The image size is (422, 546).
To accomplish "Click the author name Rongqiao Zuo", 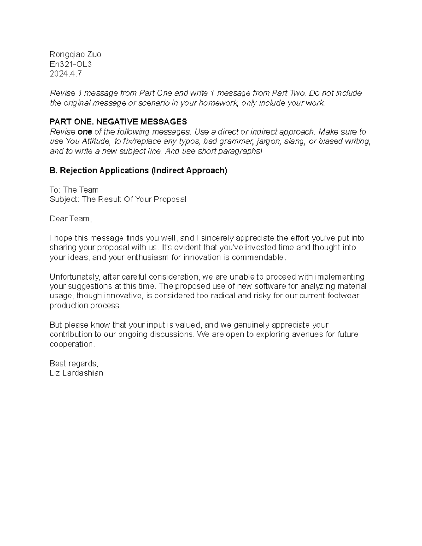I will tap(75, 54).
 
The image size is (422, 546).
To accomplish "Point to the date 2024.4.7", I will tap(65, 74).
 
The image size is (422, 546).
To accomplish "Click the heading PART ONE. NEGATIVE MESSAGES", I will tap(118, 122).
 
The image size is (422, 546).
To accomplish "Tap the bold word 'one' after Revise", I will tap(85, 132).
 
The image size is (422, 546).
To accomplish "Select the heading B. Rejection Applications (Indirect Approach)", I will tap(138, 171).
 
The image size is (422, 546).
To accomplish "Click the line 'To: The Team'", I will tap(74, 190).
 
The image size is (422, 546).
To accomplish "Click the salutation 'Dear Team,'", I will tap(70, 219).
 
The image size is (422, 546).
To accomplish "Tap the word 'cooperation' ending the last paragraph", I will tap(72, 344).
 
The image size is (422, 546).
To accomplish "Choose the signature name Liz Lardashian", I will tap(76, 373).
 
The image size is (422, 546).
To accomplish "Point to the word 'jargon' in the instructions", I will tap(268, 142).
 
